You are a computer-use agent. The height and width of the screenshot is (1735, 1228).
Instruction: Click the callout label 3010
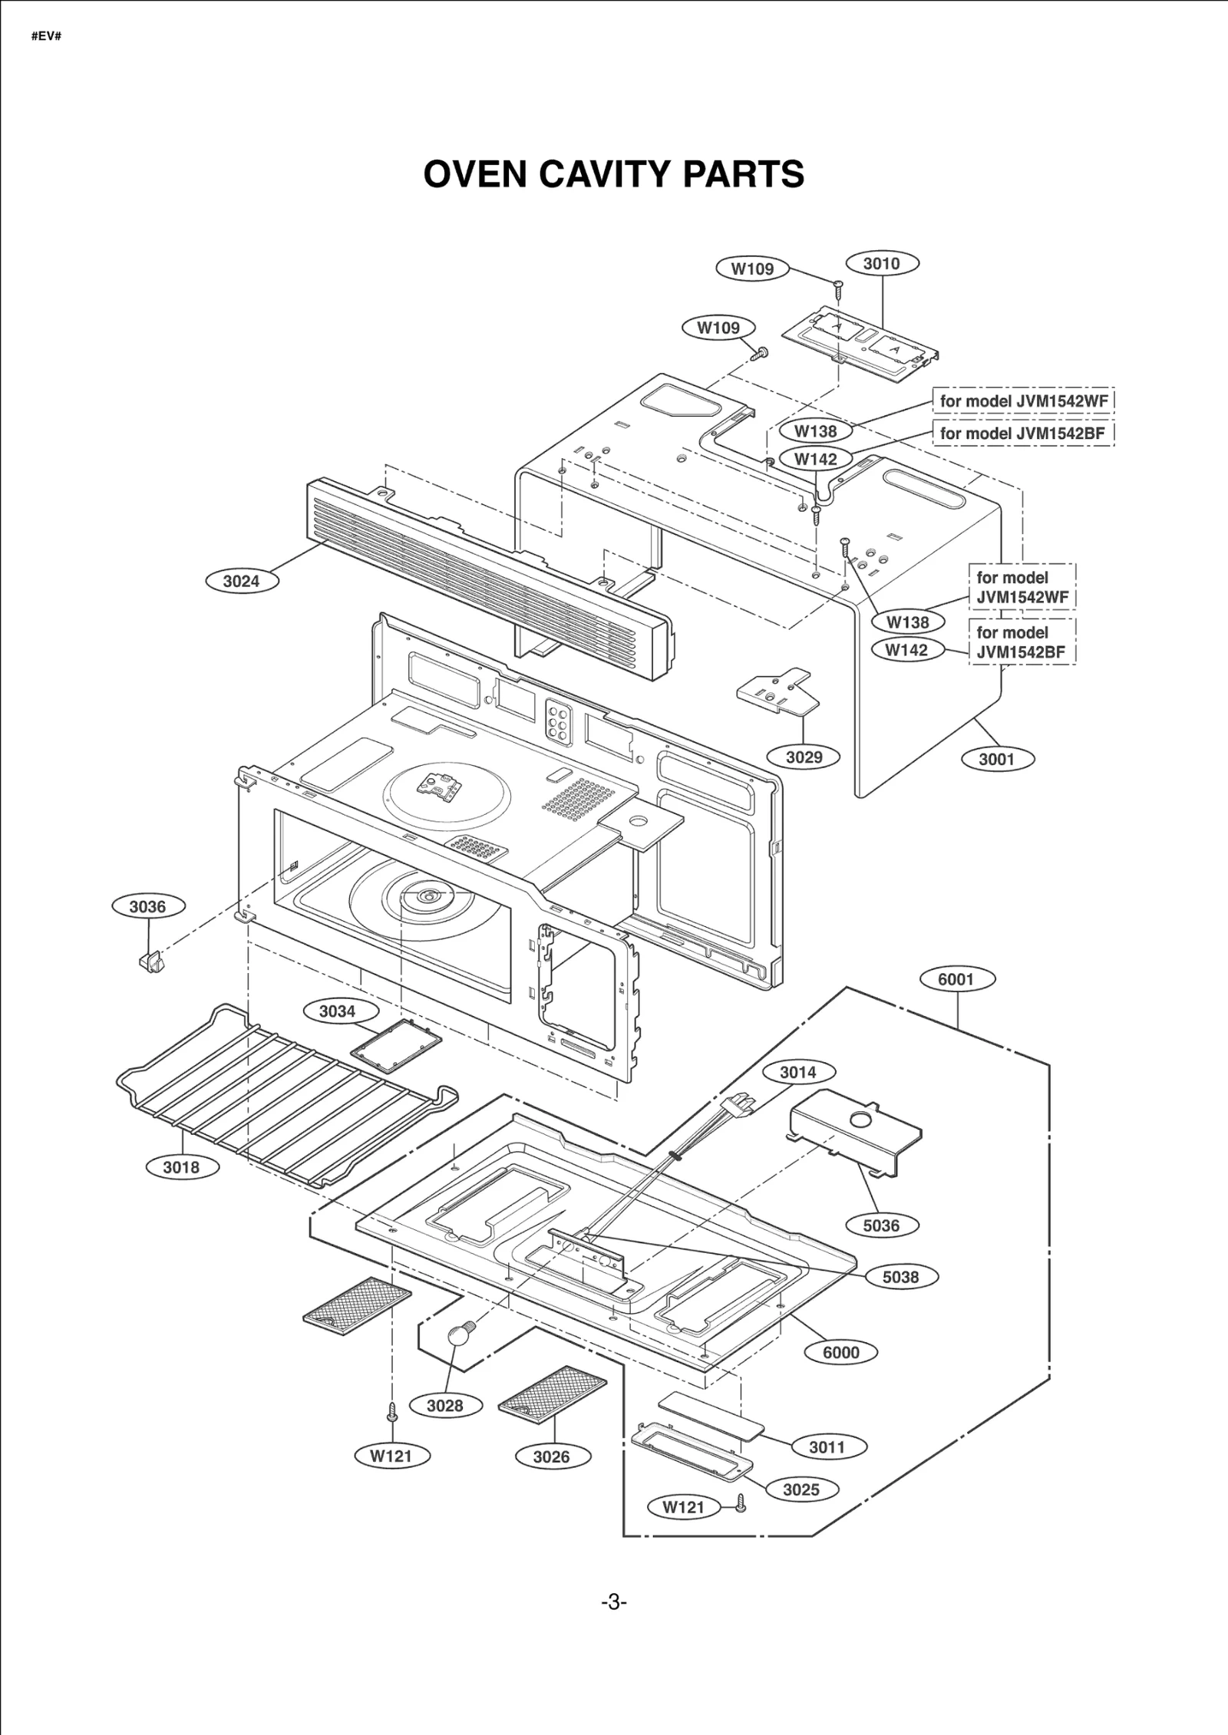pos(881,263)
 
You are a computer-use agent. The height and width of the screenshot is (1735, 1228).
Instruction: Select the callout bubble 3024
pos(242,581)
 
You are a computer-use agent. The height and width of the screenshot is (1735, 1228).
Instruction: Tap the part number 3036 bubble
pos(147,906)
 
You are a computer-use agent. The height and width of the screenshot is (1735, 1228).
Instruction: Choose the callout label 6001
pos(956,979)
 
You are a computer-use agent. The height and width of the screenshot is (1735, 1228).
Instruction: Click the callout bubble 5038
pos(900,1278)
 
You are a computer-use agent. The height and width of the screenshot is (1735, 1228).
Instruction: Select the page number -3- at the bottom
pos(613,1601)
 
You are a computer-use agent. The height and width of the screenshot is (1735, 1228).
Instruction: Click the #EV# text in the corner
pos(46,36)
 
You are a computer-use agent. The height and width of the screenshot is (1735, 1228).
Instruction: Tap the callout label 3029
pos(804,757)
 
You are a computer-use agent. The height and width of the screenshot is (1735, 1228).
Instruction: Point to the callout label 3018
pos(181,1167)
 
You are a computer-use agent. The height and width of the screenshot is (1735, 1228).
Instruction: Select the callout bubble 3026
pos(551,1457)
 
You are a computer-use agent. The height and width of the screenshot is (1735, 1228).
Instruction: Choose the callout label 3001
pos(996,759)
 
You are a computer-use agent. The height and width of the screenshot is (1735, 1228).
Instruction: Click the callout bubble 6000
pos(840,1353)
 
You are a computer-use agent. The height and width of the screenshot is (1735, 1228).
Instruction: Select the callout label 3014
pos(797,1073)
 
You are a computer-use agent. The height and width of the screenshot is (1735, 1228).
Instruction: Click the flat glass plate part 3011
pos(710,1414)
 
